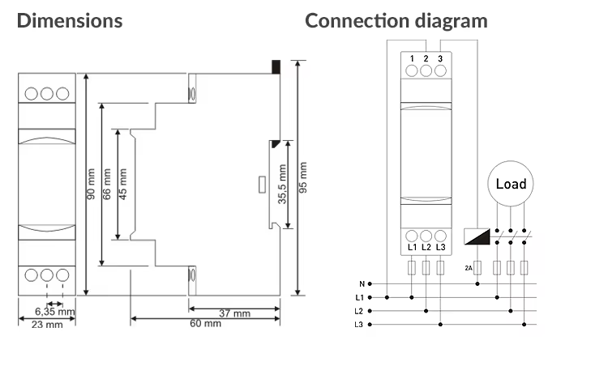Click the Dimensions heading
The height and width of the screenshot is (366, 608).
tap(70, 21)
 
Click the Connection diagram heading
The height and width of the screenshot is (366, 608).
tap(396, 21)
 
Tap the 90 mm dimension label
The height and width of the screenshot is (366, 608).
tap(91, 184)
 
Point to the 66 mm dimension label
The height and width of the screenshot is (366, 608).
tap(107, 184)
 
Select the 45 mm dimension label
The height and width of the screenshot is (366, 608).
tap(123, 184)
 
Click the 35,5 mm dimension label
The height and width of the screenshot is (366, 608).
tap(282, 184)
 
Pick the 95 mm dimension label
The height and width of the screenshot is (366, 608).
tap(303, 177)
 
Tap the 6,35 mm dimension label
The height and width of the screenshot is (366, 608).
tap(54, 312)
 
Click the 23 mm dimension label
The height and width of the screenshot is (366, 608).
tap(47, 325)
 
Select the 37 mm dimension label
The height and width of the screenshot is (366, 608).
tap(234, 313)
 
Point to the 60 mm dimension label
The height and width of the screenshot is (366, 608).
tap(206, 323)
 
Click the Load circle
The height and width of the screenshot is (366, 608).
tap(510, 184)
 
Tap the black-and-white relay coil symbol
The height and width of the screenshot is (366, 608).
tap(477, 236)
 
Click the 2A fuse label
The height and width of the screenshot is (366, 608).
tap(469, 268)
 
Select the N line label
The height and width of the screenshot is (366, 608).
tap(362, 284)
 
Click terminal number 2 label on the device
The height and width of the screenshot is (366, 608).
tap(426, 59)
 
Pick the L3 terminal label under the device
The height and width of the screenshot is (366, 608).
tap(440, 247)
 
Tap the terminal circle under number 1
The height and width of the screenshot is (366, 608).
tap(411, 71)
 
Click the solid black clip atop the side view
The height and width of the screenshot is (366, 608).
tap(276, 66)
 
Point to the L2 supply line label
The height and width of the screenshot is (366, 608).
tap(358, 311)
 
